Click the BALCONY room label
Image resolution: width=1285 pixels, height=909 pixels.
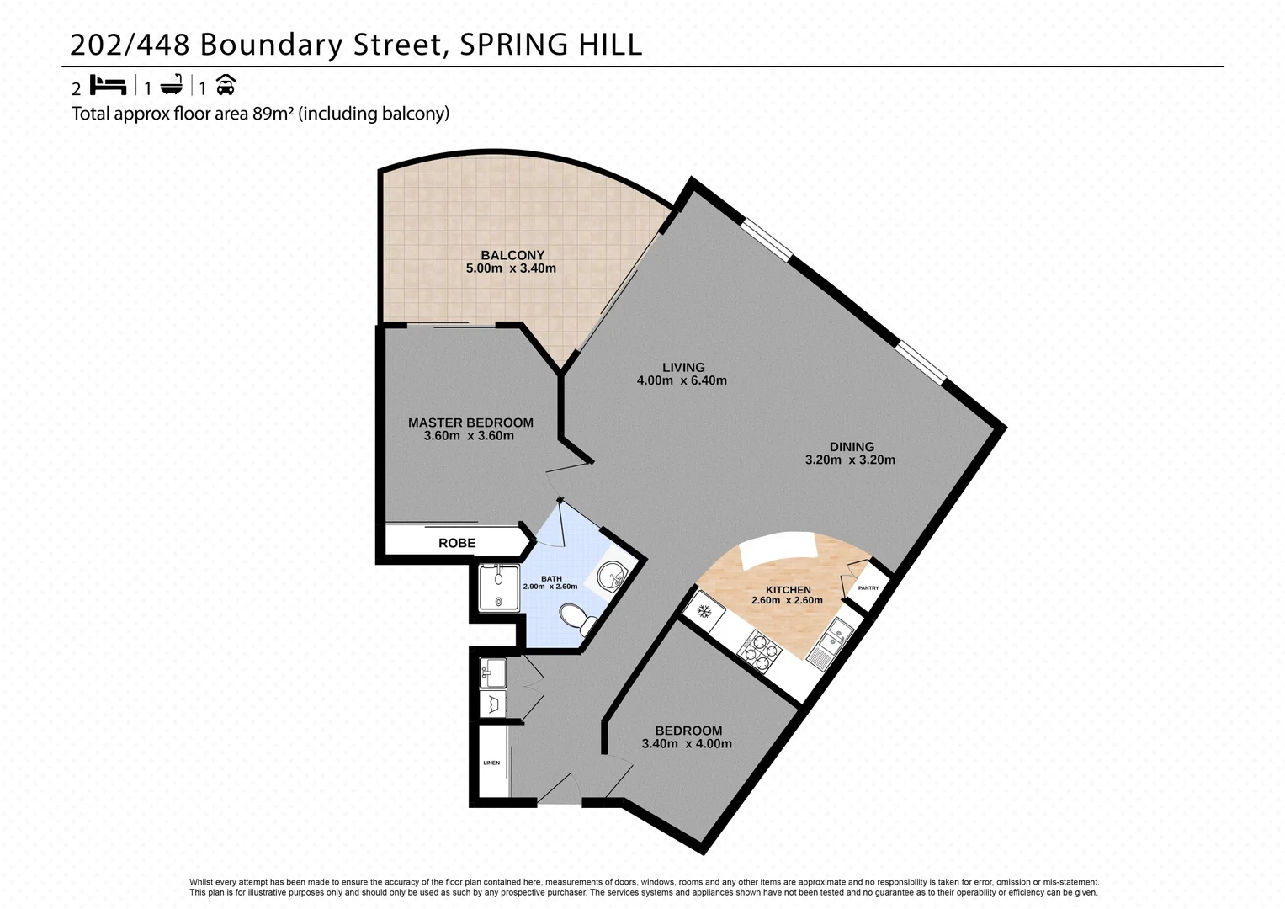click(512, 255)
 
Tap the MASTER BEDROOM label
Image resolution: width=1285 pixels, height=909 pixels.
click(470, 423)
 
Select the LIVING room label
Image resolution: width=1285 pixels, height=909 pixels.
click(683, 367)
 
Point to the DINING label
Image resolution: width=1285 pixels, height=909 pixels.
click(852, 447)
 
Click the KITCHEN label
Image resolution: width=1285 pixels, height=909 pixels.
click(789, 590)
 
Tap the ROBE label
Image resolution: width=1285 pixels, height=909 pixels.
click(457, 543)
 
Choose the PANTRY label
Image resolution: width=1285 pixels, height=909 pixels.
click(868, 587)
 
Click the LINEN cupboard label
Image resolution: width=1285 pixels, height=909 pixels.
click(491, 763)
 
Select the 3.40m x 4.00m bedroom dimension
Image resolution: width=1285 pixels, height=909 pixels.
click(687, 744)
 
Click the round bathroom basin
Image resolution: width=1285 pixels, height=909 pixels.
click(610, 576)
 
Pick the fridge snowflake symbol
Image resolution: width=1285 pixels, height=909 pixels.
click(705, 610)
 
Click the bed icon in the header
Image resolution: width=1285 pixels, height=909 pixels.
click(108, 86)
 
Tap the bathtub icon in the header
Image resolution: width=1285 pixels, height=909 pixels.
click(172, 86)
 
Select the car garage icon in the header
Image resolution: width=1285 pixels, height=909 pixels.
click(225, 85)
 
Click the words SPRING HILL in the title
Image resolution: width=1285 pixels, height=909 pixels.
click(550, 44)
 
